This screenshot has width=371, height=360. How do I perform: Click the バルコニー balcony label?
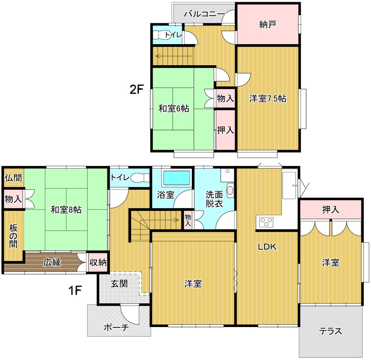[204, 14]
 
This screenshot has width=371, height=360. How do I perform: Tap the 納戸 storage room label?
[267, 24]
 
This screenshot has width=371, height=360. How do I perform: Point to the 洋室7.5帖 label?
[267, 99]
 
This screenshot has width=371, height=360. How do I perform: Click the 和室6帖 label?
[174, 109]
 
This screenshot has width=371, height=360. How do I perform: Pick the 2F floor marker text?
[137, 89]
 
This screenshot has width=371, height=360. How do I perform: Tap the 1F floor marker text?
[75, 290]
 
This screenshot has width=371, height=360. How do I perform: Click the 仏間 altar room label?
[13, 178]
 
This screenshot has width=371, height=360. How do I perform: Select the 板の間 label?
[13, 236]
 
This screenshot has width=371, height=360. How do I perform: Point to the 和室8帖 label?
[66, 210]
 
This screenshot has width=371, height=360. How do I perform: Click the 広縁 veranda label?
[52, 262]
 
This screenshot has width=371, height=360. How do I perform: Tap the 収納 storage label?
[98, 262]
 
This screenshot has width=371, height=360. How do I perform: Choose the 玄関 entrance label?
[119, 284]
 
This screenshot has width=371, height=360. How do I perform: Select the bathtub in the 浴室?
[177, 178]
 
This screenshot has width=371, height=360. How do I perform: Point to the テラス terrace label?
[331, 331]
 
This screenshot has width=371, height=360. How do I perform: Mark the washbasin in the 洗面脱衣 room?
[230, 190]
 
